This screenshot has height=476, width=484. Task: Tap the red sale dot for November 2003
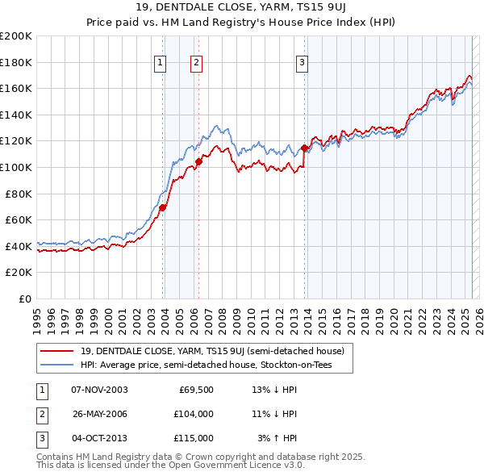point(162,207)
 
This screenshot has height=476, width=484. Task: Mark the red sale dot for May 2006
point(198,162)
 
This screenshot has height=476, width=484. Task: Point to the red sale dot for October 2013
point(304,148)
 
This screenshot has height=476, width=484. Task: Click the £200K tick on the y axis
point(16,36)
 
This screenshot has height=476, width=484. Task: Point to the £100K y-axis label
point(16,167)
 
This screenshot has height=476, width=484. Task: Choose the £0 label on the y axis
point(24,299)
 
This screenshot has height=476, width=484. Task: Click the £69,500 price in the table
point(194,390)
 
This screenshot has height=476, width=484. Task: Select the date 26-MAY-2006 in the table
point(100,414)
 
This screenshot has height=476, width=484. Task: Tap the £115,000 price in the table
point(194,438)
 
